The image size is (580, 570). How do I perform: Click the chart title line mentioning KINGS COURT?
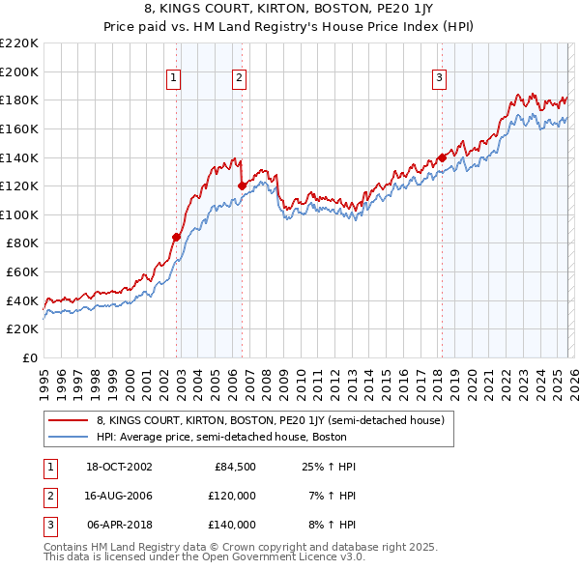pos(290,11)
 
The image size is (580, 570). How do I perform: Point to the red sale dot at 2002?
pos(176,237)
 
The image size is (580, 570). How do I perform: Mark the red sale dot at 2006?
pos(242,185)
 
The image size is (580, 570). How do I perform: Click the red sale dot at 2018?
pos(442,157)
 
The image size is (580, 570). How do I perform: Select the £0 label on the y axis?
pos(28,357)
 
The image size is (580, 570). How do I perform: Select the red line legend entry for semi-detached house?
pos(270,420)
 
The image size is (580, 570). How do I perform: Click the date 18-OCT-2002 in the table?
pos(119,467)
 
